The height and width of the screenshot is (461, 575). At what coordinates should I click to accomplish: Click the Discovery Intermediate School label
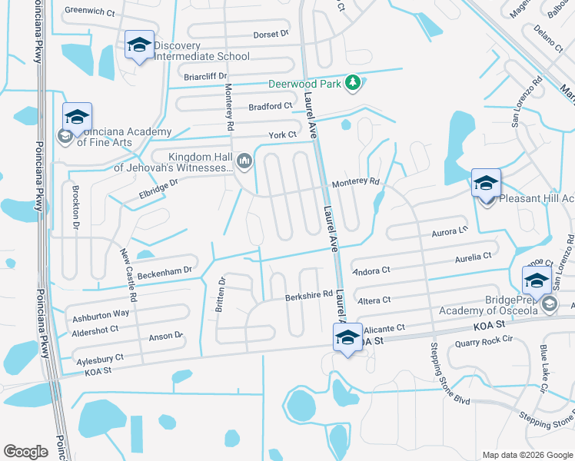(x=201, y=51)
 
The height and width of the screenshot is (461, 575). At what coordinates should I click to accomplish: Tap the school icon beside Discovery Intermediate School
(x=139, y=45)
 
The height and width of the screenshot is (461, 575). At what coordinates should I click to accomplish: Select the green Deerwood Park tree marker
(x=353, y=82)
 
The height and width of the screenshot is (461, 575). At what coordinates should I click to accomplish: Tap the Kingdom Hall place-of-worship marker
(x=245, y=160)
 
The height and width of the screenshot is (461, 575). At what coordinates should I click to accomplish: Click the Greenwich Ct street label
(x=89, y=12)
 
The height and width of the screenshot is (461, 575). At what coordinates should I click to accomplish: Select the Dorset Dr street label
(x=270, y=34)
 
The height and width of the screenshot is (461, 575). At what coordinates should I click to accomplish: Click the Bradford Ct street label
(x=270, y=106)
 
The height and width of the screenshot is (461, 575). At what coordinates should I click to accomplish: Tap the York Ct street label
(x=282, y=134)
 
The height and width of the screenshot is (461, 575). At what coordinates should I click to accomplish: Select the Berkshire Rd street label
(x=311, y=294)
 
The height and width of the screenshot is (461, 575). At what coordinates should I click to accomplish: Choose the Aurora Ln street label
(x=450, y=231)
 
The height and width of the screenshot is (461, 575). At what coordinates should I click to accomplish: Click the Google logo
(x=26, y=452)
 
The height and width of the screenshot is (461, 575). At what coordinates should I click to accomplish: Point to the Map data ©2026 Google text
(x=527, y=455)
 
